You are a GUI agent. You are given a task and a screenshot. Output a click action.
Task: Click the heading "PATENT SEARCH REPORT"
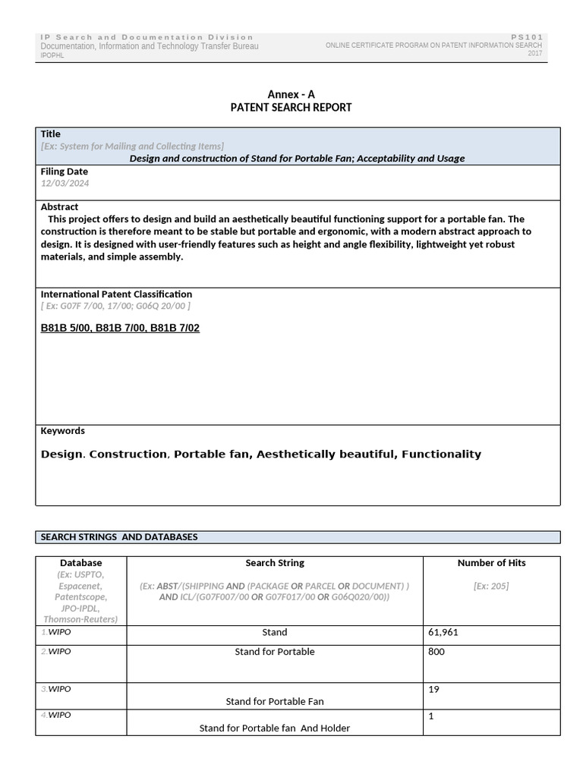[291, 108]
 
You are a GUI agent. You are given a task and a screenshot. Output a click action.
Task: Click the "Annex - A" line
[291, 94]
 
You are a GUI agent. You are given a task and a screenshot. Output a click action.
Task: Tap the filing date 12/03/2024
[65, 184]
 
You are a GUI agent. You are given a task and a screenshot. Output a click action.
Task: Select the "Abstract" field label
[59, 206]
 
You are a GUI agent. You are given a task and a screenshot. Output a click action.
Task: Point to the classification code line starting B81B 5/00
[120, 328]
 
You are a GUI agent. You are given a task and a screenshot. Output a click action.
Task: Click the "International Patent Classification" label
[116, 294]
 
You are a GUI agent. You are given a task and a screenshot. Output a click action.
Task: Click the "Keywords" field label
[62, 430]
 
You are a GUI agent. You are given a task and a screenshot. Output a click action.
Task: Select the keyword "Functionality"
[441, 454]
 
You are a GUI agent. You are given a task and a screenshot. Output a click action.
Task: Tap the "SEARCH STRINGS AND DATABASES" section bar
[119, 536]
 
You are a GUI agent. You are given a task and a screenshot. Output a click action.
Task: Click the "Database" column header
[80, 563]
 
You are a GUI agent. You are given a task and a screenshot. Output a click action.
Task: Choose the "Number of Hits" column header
[491, 563]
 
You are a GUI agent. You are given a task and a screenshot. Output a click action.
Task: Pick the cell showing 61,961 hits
[443, 632]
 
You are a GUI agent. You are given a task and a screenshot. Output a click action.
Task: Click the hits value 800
[436, 652]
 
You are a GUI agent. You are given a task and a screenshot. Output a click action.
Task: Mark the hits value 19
[434, 690]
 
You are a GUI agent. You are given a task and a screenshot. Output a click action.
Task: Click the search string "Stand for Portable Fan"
[275, 701]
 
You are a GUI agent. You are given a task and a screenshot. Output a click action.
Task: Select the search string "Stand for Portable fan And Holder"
[275, 728]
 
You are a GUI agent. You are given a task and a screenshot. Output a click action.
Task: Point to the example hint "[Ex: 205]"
[491, 586]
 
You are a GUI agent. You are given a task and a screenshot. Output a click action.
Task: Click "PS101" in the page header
[527, 37]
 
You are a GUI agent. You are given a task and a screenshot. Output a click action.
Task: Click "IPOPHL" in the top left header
[52, 56]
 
